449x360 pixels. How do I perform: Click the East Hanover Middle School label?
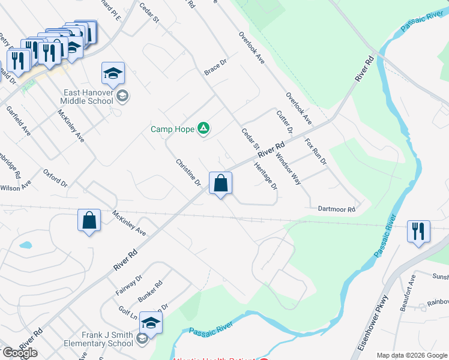89,97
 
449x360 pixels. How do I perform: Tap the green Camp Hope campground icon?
203,128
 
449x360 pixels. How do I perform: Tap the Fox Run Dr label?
316,152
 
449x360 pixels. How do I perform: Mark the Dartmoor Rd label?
337,209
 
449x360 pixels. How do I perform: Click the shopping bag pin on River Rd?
220,182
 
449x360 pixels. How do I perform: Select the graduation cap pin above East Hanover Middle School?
113,73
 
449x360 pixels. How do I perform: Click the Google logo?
19,353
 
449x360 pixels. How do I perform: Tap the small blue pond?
25,245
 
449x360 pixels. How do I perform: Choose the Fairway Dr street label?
129,285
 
